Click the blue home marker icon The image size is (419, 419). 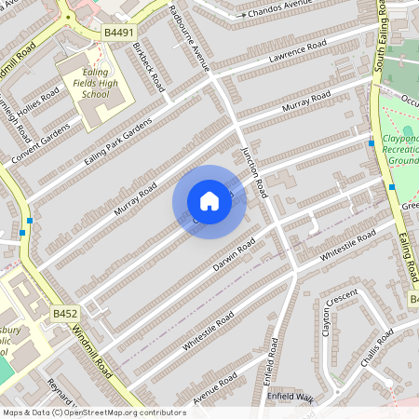(209, 201)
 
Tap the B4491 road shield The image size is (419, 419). (116, 33)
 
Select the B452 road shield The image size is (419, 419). (64, 315)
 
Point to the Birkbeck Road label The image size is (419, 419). (149, 66)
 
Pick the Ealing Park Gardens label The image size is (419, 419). (117, 142)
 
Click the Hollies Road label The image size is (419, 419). (42, 101)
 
